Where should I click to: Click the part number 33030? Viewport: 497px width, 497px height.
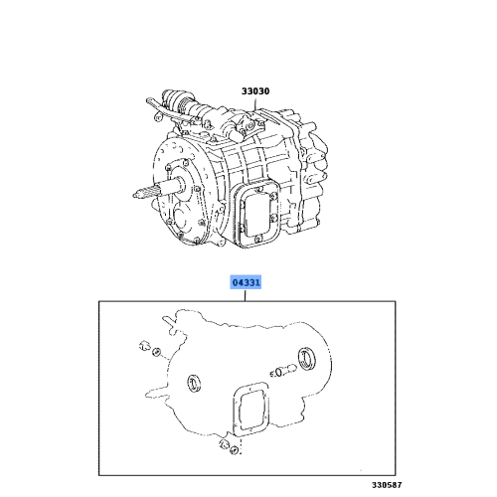[255, 91]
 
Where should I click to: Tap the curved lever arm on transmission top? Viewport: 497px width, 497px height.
[159, 103]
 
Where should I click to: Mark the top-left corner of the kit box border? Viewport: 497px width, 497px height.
[98, 303]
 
